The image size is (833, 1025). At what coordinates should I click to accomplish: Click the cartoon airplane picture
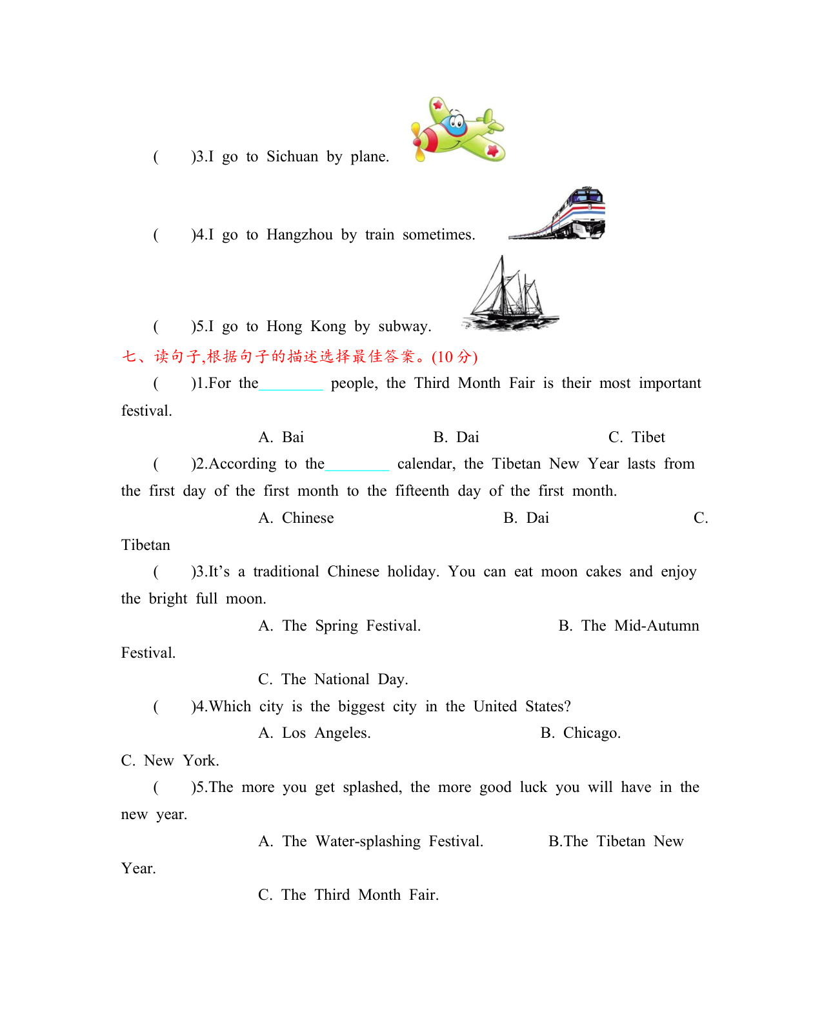(x=457, y=130)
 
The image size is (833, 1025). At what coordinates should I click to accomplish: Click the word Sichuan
(x=292, y=157)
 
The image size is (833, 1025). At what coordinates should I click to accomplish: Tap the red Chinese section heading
(x=299, y=356)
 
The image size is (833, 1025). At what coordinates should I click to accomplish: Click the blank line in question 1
(x=291, y=385)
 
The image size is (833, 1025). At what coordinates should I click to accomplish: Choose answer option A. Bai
(x=281, y=438)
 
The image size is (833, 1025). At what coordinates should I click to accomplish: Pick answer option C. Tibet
(x=636, y=438)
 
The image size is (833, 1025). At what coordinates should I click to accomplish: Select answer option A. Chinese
(x=296, y=518)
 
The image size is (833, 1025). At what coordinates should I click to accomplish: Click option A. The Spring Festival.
(x=339, y=626)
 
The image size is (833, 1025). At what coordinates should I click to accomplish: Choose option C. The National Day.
(x=333, y=680)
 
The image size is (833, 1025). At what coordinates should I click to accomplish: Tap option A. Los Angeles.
(x=314, y=733)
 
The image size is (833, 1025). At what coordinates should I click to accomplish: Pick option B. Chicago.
(x=581, y=733)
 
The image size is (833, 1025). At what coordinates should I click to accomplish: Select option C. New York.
(x=170, y=761)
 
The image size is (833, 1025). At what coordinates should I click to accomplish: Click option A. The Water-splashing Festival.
(x=370, y=842)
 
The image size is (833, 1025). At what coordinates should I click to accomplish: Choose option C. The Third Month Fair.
(x=348, y=895)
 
